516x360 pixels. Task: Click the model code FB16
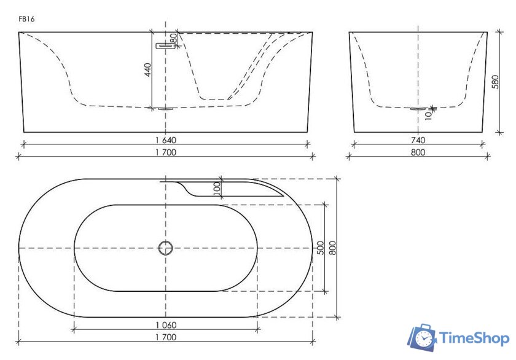26,19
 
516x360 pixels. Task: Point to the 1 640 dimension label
165,140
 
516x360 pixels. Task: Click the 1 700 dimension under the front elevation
165,153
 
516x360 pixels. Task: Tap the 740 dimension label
418,140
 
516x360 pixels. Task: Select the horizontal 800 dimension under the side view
418,153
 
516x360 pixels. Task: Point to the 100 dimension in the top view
216,189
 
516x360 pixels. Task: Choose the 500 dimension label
320,248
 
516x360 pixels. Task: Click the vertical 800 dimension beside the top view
332,248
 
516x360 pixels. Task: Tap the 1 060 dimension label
165,325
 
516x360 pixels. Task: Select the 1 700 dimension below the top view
165,337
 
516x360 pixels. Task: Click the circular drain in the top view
165,248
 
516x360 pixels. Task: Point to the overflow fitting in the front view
164,45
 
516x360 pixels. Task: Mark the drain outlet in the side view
418,109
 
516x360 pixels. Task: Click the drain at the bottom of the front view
164,109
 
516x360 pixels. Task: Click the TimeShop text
473,338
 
